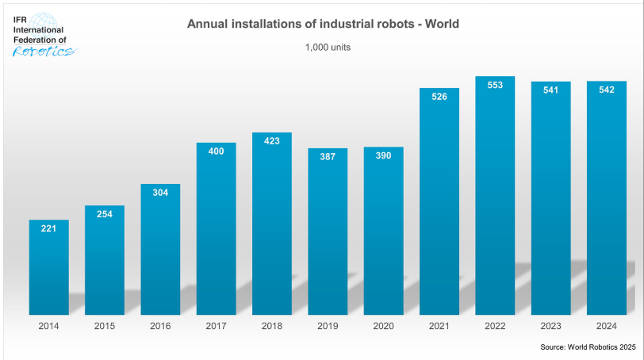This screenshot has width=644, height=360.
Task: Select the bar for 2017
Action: point(216,230)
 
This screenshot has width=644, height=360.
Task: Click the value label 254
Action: point(105,214)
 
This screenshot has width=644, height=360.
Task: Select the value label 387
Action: point(328,157)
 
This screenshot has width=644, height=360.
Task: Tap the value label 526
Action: point(439,97)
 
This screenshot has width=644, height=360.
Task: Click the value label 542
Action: point(607,90)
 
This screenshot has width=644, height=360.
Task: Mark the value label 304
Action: point(160,193)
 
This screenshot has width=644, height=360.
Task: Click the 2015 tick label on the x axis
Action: point(105,325)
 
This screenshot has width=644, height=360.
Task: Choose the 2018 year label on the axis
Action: point(272,325)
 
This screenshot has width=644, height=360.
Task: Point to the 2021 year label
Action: point(439,325)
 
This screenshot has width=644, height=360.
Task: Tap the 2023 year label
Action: point(550,325)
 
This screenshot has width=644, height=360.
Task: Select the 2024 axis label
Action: point(607,325)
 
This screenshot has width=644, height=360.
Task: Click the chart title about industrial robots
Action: point(323,25)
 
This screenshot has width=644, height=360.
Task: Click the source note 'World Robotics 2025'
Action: point(588,347)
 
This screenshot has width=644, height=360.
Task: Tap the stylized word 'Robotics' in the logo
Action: point(44,52)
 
